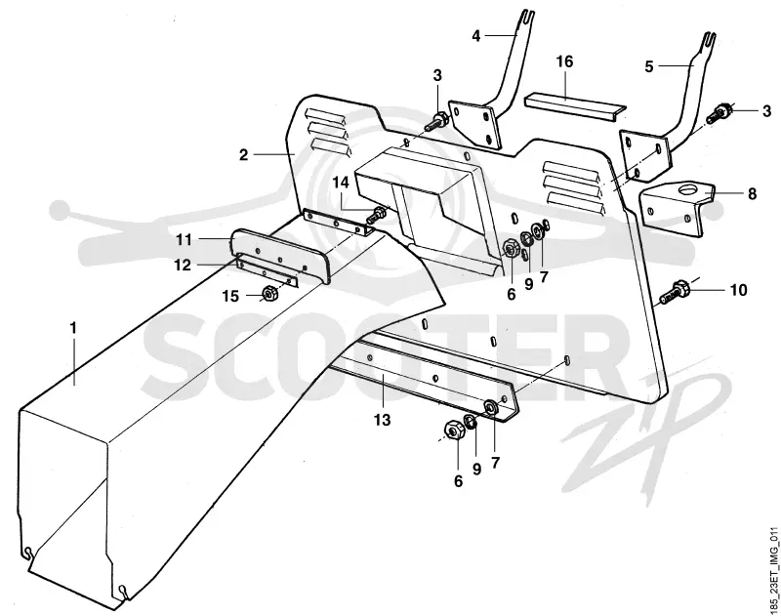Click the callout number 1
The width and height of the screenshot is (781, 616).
click(x=74, y=328)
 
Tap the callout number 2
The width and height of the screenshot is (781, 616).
click(x=243, y=155)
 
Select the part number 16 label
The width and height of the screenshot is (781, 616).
click(x=565, y=62)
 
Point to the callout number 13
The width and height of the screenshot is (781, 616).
click(x=383, y=421)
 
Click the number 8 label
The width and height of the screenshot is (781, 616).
click(x=752, y=193)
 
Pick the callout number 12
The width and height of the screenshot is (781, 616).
click(x=183, y=266)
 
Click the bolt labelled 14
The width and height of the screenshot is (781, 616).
click(x=377, y=216)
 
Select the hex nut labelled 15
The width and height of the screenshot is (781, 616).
click(x=269, y=294)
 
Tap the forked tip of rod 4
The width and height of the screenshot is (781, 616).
click(x=529, y=18)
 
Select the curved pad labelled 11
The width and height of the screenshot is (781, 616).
click(x=281, y=255)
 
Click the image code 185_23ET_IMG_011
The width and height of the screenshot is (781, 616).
click(x=773, y=572)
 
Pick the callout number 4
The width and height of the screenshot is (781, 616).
click(x=476, y=36)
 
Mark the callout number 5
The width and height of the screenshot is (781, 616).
click(x=649, y=66)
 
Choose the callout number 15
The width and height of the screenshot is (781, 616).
click(x=230, y=297)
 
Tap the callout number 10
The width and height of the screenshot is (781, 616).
click(x=738, y=290)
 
